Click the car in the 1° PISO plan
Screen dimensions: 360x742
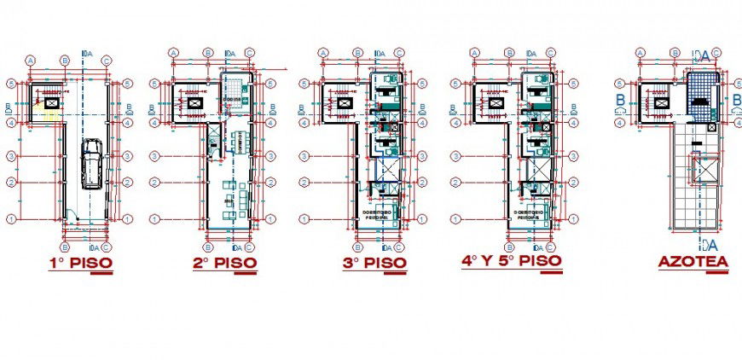pos(90,163)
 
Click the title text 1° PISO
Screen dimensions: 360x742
pos(80,264)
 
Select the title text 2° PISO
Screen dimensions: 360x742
pos(223,264)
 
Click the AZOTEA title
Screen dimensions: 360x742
pos(693,263)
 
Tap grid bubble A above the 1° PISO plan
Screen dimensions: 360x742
pos(31,61)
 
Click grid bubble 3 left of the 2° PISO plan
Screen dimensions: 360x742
pos(154,156)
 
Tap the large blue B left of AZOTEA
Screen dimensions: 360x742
pos(621,99)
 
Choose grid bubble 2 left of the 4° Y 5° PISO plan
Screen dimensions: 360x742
pos(455,181)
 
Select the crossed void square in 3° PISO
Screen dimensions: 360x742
pos(387,170)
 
